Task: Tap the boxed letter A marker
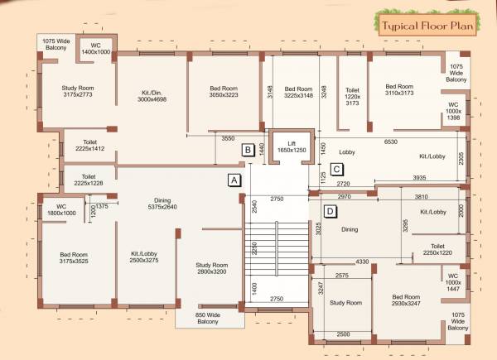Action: click(234, 179)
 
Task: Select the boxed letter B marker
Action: click(247, 150)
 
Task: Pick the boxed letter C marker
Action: click(336, 170)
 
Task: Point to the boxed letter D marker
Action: click(330, 211)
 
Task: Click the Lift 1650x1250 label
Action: click(291, 146)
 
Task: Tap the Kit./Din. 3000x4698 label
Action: click(152, 94)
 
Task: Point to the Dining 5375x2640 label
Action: click(162, 204)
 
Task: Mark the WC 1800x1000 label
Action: click(60, 209)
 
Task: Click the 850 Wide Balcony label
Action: click(207, 318)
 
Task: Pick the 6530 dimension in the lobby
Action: click(391, 142)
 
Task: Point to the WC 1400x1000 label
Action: click(96, 48)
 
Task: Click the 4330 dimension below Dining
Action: click(362, 262)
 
